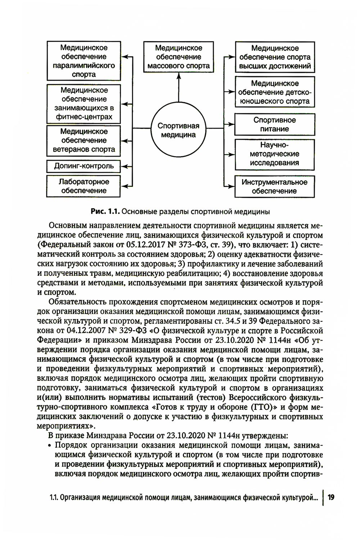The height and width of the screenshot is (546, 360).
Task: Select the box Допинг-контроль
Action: click(84, 166)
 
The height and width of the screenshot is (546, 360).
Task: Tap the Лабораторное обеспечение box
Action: click(84, 186)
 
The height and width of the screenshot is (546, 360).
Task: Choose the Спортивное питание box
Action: click(275, 125)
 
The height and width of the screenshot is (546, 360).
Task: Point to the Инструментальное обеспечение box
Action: click(275, 186)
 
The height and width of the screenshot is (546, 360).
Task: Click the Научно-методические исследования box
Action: click(275, 154)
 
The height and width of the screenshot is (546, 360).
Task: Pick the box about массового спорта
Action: click(178, 57)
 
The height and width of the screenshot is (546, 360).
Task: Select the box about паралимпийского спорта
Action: click(84, 61)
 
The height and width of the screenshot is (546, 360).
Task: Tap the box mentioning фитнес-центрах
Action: click(84, 104)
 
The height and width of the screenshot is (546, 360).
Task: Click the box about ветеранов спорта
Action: click(84, 140)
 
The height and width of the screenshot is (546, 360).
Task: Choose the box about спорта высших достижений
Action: click(275, 57)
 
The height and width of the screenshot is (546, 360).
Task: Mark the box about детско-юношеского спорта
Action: click(275, 92)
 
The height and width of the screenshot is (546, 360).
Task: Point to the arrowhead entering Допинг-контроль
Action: click(125, 166)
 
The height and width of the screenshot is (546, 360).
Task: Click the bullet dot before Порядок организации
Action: click(50, 445)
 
